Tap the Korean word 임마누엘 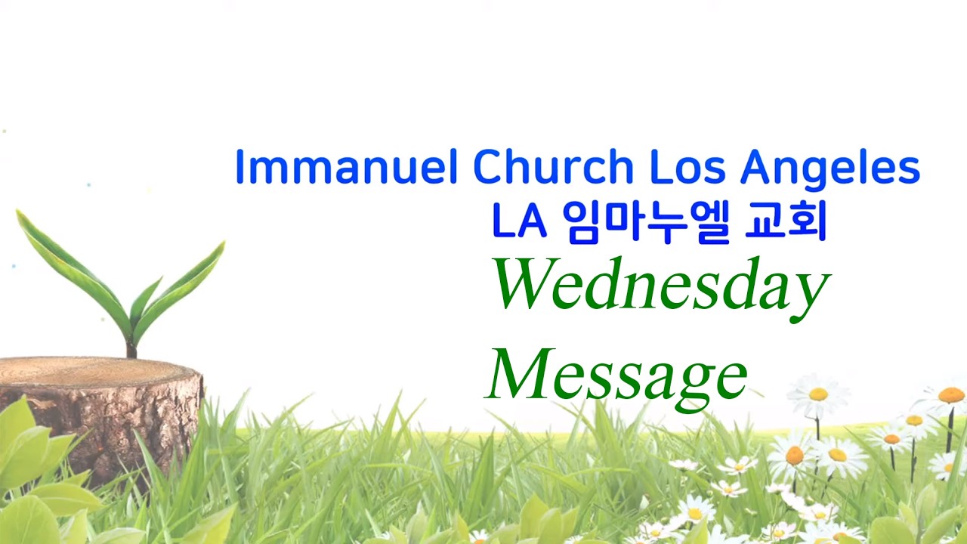pos(646,222)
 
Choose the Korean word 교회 pos(786,222)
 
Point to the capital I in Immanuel pos(239,168)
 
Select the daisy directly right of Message pos(817,394)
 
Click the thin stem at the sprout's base pos(131,349)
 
